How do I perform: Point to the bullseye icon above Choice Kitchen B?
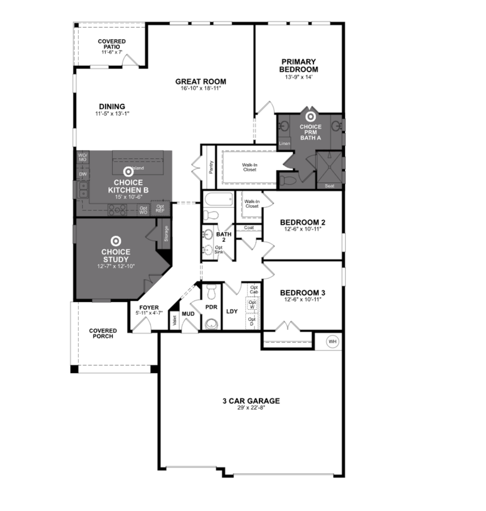[x=128, y=171]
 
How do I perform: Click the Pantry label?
[x=211, y=167]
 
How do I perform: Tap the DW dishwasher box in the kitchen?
[x=83, y=174]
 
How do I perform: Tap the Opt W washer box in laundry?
[x=252, y=305]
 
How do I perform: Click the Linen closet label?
[x=284, y=143]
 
